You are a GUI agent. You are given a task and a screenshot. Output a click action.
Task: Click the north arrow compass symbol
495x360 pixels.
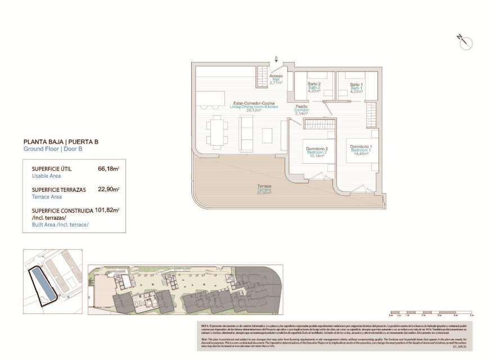(465, 41)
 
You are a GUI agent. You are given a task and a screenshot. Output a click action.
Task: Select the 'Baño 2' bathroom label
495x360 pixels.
(314, 87)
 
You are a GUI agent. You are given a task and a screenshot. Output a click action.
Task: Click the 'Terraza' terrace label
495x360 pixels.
(264, 188)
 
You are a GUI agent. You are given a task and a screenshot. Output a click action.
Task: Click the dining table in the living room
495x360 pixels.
(217, 133)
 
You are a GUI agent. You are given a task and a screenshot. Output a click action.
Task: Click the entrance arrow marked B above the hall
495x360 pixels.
(276, 58)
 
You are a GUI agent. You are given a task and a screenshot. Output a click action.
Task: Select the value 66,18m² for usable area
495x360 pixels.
(108, 168)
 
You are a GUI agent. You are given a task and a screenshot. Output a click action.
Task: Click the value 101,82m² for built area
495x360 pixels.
(108, 210)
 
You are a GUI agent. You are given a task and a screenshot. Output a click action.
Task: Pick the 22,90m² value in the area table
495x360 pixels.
(108, 190)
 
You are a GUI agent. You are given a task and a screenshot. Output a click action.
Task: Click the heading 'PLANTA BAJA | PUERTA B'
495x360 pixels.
(61, 142)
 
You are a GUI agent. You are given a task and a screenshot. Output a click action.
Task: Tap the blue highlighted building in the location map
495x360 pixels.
(43, 283)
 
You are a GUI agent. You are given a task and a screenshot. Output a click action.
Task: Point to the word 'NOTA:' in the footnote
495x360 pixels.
(206, 326)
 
